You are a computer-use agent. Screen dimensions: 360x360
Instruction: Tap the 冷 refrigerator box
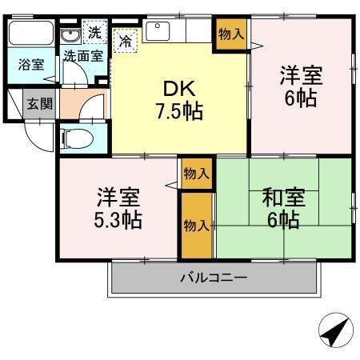[x=125, y=38]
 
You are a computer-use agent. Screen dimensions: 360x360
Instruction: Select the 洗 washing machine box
[x=94, y=34]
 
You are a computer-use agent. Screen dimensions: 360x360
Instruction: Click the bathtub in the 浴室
[x=31, y=36]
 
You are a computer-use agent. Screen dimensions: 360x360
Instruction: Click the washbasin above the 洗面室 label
[x=70, y=36]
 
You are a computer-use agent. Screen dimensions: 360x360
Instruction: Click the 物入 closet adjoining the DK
[x=231, y=34]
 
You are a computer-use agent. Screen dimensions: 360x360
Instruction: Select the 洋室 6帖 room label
[x=300, y=87]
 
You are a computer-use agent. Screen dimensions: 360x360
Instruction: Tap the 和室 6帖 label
[x=284, y=206]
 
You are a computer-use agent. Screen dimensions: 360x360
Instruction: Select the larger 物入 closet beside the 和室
[x=196, y=225]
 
